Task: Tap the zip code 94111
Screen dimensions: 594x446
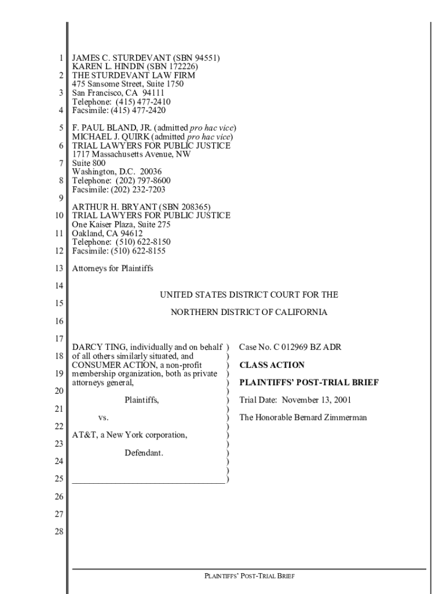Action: pyautogui.click(x=153, y=93)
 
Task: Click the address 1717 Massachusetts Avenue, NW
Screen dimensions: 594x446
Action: pyautogui.click(x=131, y=154)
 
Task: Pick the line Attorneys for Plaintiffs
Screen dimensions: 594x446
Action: pyautogui.click(x=112, y=269)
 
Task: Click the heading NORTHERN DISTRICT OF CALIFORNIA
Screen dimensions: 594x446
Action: pyautogui.click(x=248, y=313)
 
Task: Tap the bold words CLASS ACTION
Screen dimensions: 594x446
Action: pyautogui.click(x=272, y=365)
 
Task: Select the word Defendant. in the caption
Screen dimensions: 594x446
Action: pyautogui.click(x=144, y=452)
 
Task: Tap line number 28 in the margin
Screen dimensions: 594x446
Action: pyautogui.click(x=59, y=532)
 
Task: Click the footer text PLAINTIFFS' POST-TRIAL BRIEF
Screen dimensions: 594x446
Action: pyautogui.click(x=248, y=576)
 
